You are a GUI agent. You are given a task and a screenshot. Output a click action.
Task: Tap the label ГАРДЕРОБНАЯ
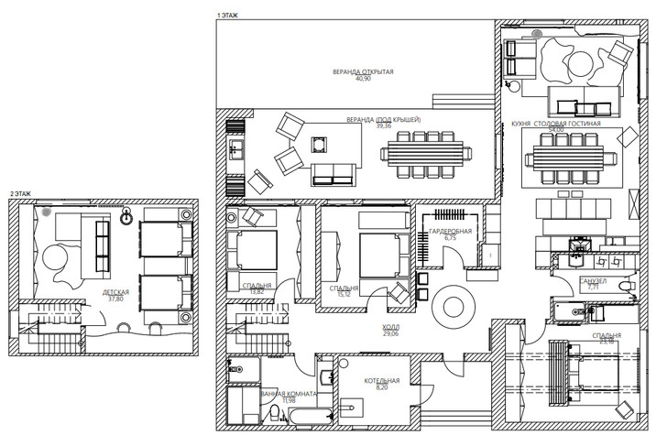click(x=450, y=232)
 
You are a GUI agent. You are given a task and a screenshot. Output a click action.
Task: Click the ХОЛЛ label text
click(x=391, y=327)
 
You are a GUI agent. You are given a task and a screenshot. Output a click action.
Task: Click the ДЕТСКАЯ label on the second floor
click(x=115, y=292)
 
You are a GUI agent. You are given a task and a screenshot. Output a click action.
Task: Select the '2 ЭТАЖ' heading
click(x=19, y=194)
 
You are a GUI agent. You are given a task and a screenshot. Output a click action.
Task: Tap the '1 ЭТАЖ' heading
click(x=227, y=16)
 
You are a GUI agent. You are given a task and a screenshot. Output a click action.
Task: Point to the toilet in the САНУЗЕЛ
click(x=625, y=289)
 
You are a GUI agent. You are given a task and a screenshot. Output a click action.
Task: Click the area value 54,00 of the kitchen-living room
click(x=556, y=130)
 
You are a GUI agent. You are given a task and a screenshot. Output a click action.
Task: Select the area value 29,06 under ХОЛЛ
click(x=391, y=334)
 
